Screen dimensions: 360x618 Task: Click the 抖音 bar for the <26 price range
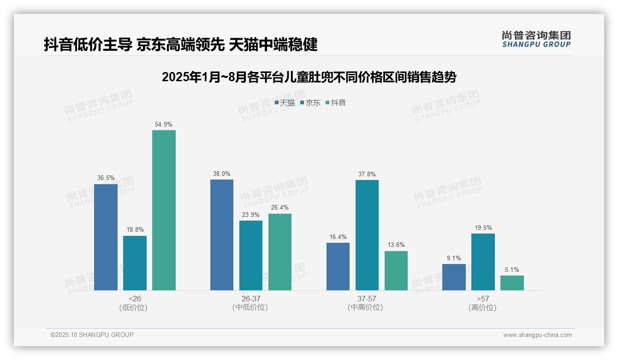tap(164, 210)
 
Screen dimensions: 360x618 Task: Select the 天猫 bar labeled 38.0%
tap(222, 234)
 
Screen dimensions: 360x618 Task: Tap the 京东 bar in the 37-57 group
tap(367, 235)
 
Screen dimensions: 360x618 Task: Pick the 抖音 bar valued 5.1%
tap(512, 283)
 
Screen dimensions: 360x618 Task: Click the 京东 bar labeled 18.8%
tap(135, 263)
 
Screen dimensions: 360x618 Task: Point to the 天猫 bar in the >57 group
tap(454, 277)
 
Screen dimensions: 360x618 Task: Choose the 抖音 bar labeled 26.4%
tap(280, 252)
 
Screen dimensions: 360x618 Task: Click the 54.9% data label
tap(164, 125)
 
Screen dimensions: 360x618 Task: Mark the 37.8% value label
tap(367, 174)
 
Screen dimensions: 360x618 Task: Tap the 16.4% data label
tap(338, 237)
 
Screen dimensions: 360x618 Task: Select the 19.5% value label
tap(483, 228)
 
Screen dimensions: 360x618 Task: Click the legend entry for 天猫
tap(285, 103)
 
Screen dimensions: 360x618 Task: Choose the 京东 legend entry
tap(310, 103)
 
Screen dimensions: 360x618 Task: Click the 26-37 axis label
tap(251, 299)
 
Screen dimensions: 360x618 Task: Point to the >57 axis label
tap(483, 299)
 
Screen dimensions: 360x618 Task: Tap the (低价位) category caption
tap(134, 307)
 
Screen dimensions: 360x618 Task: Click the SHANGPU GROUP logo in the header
tap(536, 39)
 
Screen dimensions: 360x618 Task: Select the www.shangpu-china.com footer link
tap(537, 335)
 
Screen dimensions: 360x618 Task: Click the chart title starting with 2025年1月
tap(309, 77)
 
